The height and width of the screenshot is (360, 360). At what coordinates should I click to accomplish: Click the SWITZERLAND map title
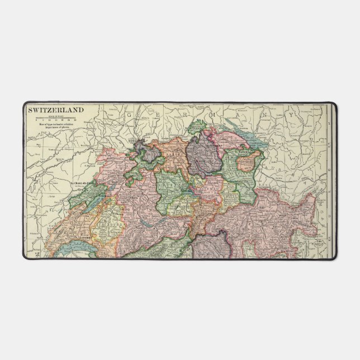tap(56, 110)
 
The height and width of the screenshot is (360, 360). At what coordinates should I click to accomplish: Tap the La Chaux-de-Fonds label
tap(82, 183)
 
